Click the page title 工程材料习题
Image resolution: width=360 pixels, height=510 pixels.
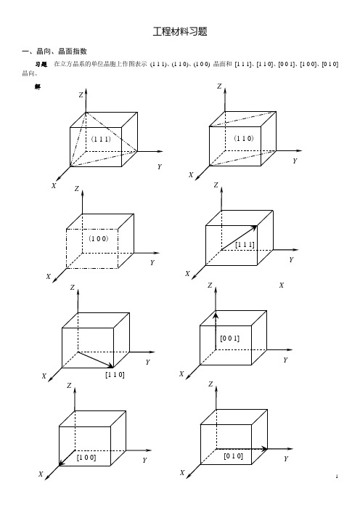click(180, 31)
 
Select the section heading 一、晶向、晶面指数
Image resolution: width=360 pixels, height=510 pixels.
click(54, 52)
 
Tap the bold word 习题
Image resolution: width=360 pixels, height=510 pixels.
click(41, 64)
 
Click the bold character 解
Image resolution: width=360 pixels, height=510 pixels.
click(38, 87)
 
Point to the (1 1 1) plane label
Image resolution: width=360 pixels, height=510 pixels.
click(101, 139)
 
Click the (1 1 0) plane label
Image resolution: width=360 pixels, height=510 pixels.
click(244, 138)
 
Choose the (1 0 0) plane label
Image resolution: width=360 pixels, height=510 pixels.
click(99, 238)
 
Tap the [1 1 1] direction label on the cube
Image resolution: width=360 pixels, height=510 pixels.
click(245, 245)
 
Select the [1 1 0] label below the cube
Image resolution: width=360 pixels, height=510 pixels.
click(115, 375)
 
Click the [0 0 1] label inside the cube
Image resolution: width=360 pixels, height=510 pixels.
click(229, 339)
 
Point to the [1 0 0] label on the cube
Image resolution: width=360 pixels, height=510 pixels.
click(86, 458)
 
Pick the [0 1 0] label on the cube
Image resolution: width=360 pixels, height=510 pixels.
click(233, 456)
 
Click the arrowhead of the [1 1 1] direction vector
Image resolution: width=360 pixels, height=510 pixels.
click(254, 227)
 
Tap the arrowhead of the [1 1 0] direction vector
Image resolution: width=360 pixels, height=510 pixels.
click(110, 366)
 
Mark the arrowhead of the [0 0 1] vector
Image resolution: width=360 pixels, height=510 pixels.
click(216, 315)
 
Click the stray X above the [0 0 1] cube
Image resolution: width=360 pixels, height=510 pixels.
click(282, 286)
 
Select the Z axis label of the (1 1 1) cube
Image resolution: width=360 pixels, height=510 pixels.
click(81, 95)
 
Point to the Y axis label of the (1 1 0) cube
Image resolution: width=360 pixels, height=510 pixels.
click(295, 161)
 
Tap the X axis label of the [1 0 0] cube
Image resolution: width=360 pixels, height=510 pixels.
click(41, 474)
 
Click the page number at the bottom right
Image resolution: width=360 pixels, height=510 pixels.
click(337, 477)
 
